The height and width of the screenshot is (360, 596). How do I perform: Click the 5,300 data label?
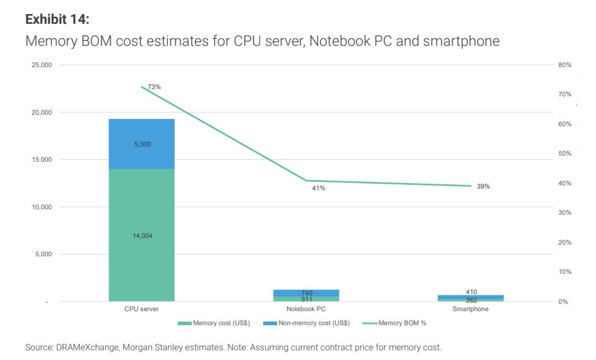(142, 144)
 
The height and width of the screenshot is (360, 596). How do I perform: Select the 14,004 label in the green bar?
(142, 236)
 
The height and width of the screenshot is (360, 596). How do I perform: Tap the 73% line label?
(154, 87)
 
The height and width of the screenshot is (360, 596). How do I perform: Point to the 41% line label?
(319, 188)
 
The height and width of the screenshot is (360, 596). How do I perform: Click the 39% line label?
(483, 187)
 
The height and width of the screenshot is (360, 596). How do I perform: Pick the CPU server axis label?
(142, 309)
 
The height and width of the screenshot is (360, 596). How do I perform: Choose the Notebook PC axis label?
(306, 309)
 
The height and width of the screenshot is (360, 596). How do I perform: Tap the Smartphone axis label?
(471, 309)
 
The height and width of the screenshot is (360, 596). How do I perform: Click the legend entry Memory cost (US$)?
(214, 323)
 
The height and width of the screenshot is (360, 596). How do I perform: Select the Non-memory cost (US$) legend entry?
(307, 323)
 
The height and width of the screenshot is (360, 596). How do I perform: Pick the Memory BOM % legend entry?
(394, 323)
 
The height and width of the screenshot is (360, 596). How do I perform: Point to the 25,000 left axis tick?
(42, 65)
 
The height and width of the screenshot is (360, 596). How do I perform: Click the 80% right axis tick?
(565, 65)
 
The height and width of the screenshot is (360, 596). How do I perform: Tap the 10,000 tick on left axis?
(42, 207)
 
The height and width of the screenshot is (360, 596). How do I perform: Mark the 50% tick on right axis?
(565, 153)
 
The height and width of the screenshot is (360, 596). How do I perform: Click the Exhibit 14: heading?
(57, 19)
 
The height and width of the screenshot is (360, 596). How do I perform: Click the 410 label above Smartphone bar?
(471, 292)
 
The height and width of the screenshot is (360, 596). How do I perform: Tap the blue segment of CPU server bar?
(142, 144)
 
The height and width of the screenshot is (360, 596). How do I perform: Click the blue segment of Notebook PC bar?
(306, 293)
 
